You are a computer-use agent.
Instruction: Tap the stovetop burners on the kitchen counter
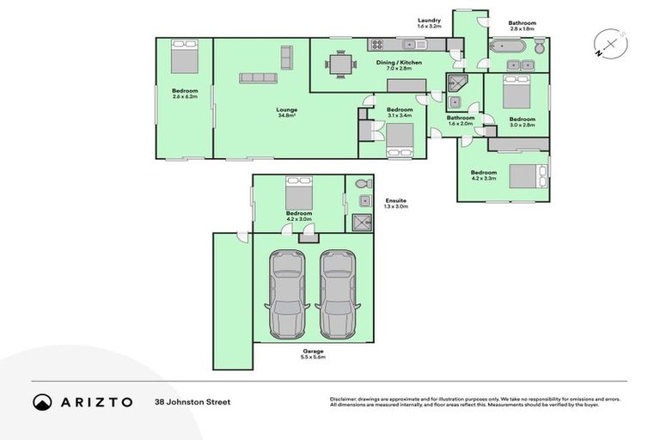[x=376, y=45]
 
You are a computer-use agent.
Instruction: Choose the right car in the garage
[x=336, y=294]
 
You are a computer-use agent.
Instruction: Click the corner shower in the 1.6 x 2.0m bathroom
[x=456, y=83]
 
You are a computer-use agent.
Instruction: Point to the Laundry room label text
[x=429, y=20]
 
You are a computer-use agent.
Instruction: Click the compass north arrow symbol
[x=610, y=43]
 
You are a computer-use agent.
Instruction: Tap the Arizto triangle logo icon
[x=43, y=401]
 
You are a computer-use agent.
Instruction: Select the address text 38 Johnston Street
[x=192, y=401]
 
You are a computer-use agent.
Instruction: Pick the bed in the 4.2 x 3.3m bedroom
[x=525, y=176]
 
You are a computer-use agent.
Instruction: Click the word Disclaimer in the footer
[x=343, y=399]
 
